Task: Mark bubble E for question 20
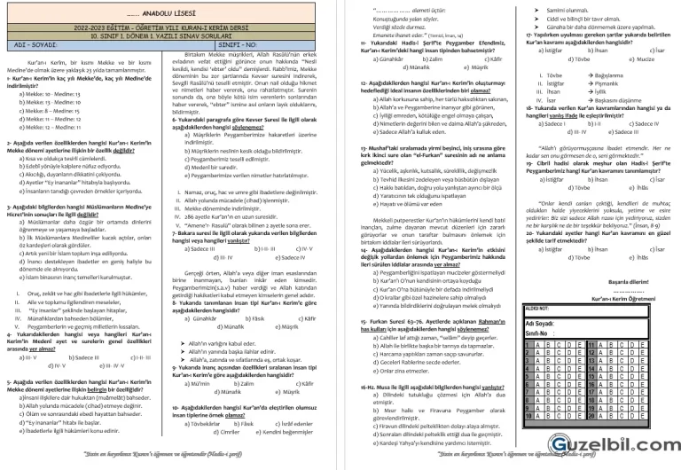coord(643,416)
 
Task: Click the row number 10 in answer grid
coord(528,416)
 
